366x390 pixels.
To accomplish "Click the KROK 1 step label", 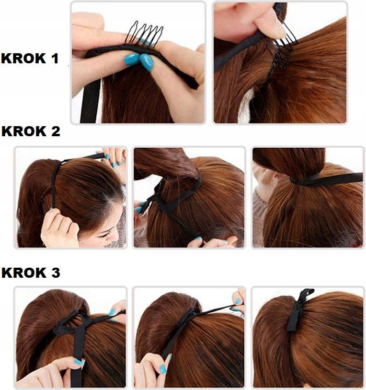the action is pyautogui.click(x=30, y=59).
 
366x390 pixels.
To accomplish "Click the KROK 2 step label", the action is pyautogui.click(x=31, y=131).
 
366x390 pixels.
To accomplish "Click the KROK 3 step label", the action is pyautogui.click(x=31, y=272).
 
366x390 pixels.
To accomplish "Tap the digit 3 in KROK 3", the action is pyautogui.click(x=56, y=272).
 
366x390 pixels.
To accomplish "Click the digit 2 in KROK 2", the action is pyautogui.click(x=56, y=131).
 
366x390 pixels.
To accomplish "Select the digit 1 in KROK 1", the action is pyautogui.click(x=55, y=59).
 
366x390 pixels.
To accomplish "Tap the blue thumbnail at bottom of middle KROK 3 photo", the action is pyautogui.click(x=163, y=369).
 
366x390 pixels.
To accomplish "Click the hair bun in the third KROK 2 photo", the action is pyautogui.click(x=289, y=162).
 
